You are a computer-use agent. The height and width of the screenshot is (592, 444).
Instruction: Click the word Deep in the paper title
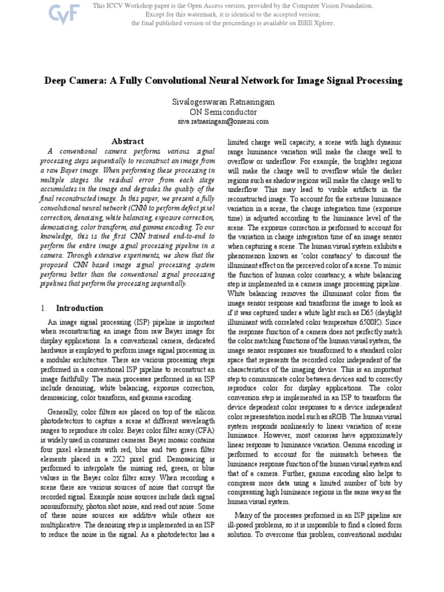pyautogui.click(x=58, y=80)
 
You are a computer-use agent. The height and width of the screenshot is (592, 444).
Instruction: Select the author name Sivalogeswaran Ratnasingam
pyautogui.click(x=223, y=102)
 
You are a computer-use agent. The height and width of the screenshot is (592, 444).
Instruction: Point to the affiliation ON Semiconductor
pyautogui.click(x=223, y=112)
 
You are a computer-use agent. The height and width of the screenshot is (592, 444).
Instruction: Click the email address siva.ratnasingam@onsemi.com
pyautogui.click(x=223, y=121)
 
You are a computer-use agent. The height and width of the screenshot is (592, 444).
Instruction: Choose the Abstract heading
pyautogui.click(x=128, y=141)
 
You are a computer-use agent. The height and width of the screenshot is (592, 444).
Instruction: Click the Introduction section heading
pyautogui.click(x=80, y=308)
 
